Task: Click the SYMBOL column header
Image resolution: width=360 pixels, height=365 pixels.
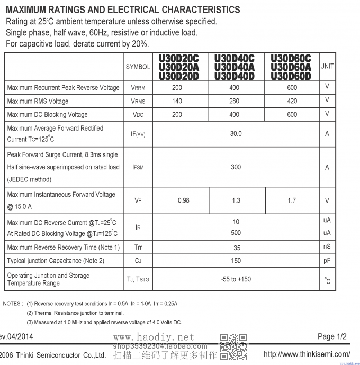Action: (138, 67)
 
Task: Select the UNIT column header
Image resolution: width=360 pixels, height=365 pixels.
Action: (327, 66)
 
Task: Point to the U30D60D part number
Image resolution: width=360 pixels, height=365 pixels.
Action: (291, 76)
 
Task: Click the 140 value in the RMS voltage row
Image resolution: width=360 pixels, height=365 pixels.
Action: (177, 101)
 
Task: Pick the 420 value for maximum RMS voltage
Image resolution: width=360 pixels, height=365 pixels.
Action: (292, 101)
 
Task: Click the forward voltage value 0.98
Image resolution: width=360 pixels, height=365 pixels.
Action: (183, 200)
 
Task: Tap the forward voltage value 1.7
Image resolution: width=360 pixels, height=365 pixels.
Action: (292, 200)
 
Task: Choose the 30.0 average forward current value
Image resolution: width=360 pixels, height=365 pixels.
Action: (236, 134)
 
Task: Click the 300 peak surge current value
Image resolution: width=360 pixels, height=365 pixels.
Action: (236, 167)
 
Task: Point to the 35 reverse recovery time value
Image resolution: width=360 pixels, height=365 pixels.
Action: (237, 248)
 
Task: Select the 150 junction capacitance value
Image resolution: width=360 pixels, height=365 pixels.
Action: (236, 261)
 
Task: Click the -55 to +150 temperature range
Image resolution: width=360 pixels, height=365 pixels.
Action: (236, 279)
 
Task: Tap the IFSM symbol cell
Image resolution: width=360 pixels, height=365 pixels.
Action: (138, 168)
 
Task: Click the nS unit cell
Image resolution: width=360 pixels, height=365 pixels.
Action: (327, 247)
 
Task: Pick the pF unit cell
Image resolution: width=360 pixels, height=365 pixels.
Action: (327, 261)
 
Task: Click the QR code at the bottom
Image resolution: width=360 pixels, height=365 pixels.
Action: (233, 346)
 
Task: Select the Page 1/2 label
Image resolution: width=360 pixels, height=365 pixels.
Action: (332, 337)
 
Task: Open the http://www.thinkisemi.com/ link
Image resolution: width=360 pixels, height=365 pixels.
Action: (307, 354)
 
